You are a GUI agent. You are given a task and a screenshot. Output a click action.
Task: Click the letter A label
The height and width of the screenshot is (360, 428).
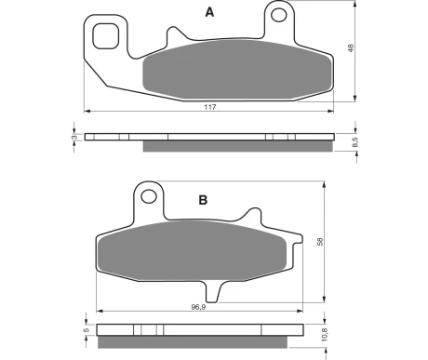pos(209,12)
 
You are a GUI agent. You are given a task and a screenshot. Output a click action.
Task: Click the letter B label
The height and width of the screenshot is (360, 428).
pos(203,200)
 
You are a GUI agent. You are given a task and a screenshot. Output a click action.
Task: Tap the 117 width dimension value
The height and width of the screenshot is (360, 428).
pos(210,107)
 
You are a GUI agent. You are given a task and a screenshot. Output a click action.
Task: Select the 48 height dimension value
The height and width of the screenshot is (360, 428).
pos(351,48)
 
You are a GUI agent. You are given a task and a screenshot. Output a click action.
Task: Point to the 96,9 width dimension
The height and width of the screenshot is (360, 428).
pos(198,307)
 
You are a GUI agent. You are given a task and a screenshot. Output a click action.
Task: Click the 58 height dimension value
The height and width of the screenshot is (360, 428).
pos(320,242)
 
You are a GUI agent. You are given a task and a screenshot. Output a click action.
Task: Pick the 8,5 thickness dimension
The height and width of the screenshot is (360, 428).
pos(355,142)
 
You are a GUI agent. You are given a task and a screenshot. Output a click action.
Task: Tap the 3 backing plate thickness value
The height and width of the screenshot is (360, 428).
pos(74,138)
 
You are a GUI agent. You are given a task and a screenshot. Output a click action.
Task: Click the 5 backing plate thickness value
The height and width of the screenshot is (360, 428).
pos(87,329)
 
